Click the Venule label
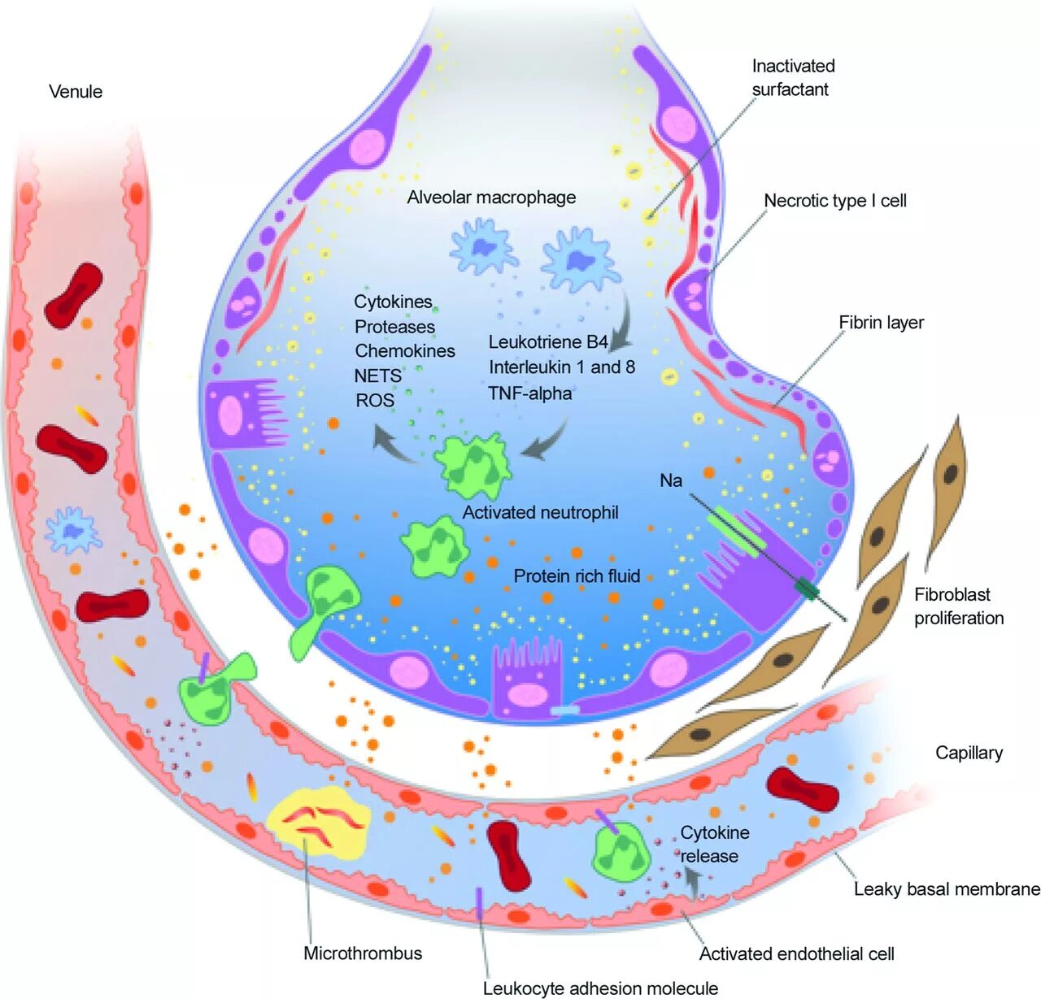[76, 91]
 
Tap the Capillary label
[969, 753]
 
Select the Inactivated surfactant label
[792, 77]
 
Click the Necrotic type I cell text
[834, 201]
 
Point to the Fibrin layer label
[881, 323]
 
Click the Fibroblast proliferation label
[958, 606]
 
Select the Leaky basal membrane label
[947, 889]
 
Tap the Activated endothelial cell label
[796, 954]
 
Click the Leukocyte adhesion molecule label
[600, 988]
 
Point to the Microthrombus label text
[363, 953]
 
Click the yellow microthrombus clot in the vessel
[318, 823]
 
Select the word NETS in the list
[377, 376]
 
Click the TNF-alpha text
[529, 393]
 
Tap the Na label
[670, 480]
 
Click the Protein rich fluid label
[577, 576]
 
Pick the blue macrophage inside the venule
[73, 532]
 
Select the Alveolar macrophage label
[491, 198]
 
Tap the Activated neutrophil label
[540, 513]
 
